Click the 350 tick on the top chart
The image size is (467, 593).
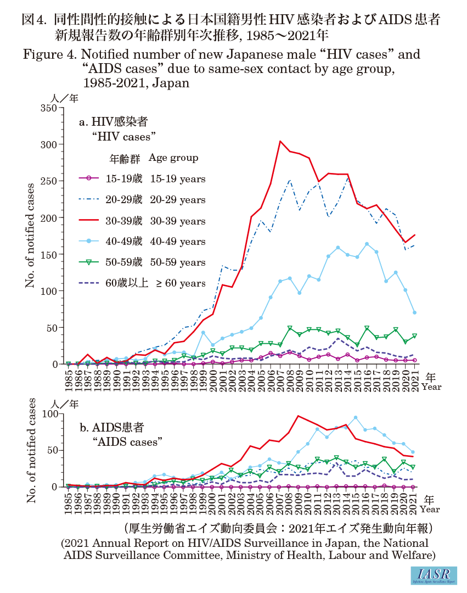(x=48, y=108)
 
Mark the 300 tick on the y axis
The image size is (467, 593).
(x=48, y=144)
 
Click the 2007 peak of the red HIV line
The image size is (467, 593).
(x=280, y=142)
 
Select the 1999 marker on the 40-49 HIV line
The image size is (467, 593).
(x=203, y=332)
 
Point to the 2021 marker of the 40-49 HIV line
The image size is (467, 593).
(x=414, y=312)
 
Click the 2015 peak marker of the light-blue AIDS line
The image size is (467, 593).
(x=356, y=417)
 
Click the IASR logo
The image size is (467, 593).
(x=433, y=575)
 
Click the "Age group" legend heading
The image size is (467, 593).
(x=173, y=158)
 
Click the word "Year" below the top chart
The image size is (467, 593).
(x=431, y=387)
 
